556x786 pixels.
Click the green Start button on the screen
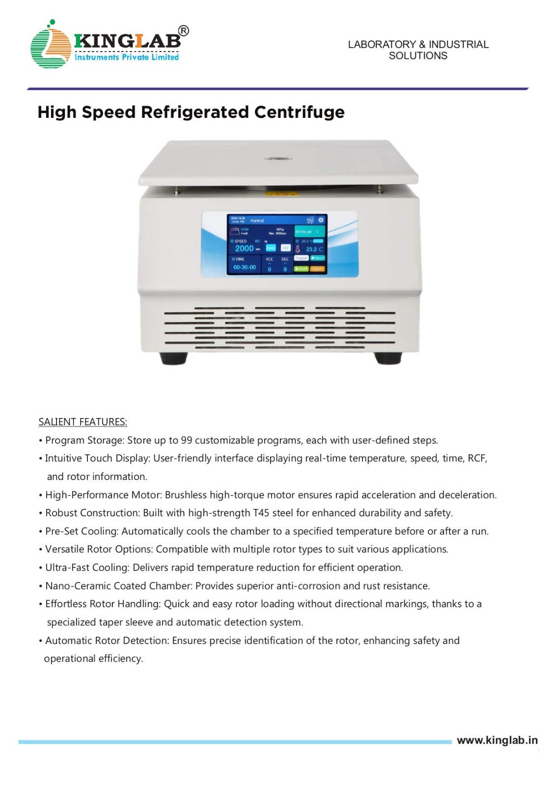[x=301, y=269]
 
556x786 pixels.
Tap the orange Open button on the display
[x=318, y=269]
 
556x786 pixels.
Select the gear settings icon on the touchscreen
[x=321, y=220]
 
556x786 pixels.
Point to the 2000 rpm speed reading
[x=244, y=249]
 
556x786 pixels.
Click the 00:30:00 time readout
[x=245, y=267]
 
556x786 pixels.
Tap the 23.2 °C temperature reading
[x=314, y=250]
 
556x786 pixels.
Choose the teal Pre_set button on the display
[x=309, y=231]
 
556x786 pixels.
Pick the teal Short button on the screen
[x=318, y=258]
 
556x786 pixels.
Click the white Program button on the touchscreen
[x=301, y=258]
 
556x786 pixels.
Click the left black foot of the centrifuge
[x=173, y=358]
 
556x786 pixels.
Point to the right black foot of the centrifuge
[x=388, y=358]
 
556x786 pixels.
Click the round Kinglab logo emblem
[x=51, y=46]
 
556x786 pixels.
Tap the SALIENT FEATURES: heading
[x=83, y=422]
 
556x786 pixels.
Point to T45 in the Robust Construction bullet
[x=261, y=513]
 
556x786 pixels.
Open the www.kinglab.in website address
[x=497, y=740]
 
